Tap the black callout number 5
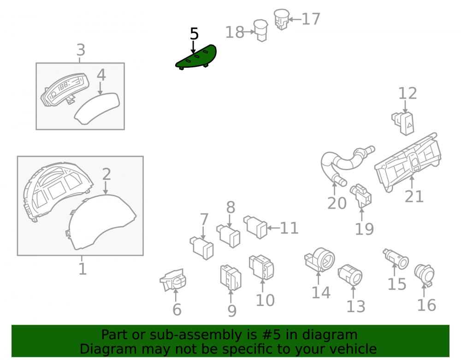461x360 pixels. point(194,34)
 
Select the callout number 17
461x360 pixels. point(311,19)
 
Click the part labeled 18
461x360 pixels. point(261,30)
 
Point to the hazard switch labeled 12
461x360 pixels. point(403,124)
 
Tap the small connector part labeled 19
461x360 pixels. point(361,195)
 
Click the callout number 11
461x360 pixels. point(290,228)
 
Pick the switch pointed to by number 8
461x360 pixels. point(229,235)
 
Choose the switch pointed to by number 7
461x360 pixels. point(202,248)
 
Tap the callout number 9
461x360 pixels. point(232,311)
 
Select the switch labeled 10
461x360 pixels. point(261,267)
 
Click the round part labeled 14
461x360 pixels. point(319,260)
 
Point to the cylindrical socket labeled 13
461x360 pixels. point(350,275)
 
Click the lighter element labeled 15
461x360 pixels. point(396,259)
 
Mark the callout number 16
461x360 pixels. point(426,305)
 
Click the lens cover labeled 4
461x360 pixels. point(97,108)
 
